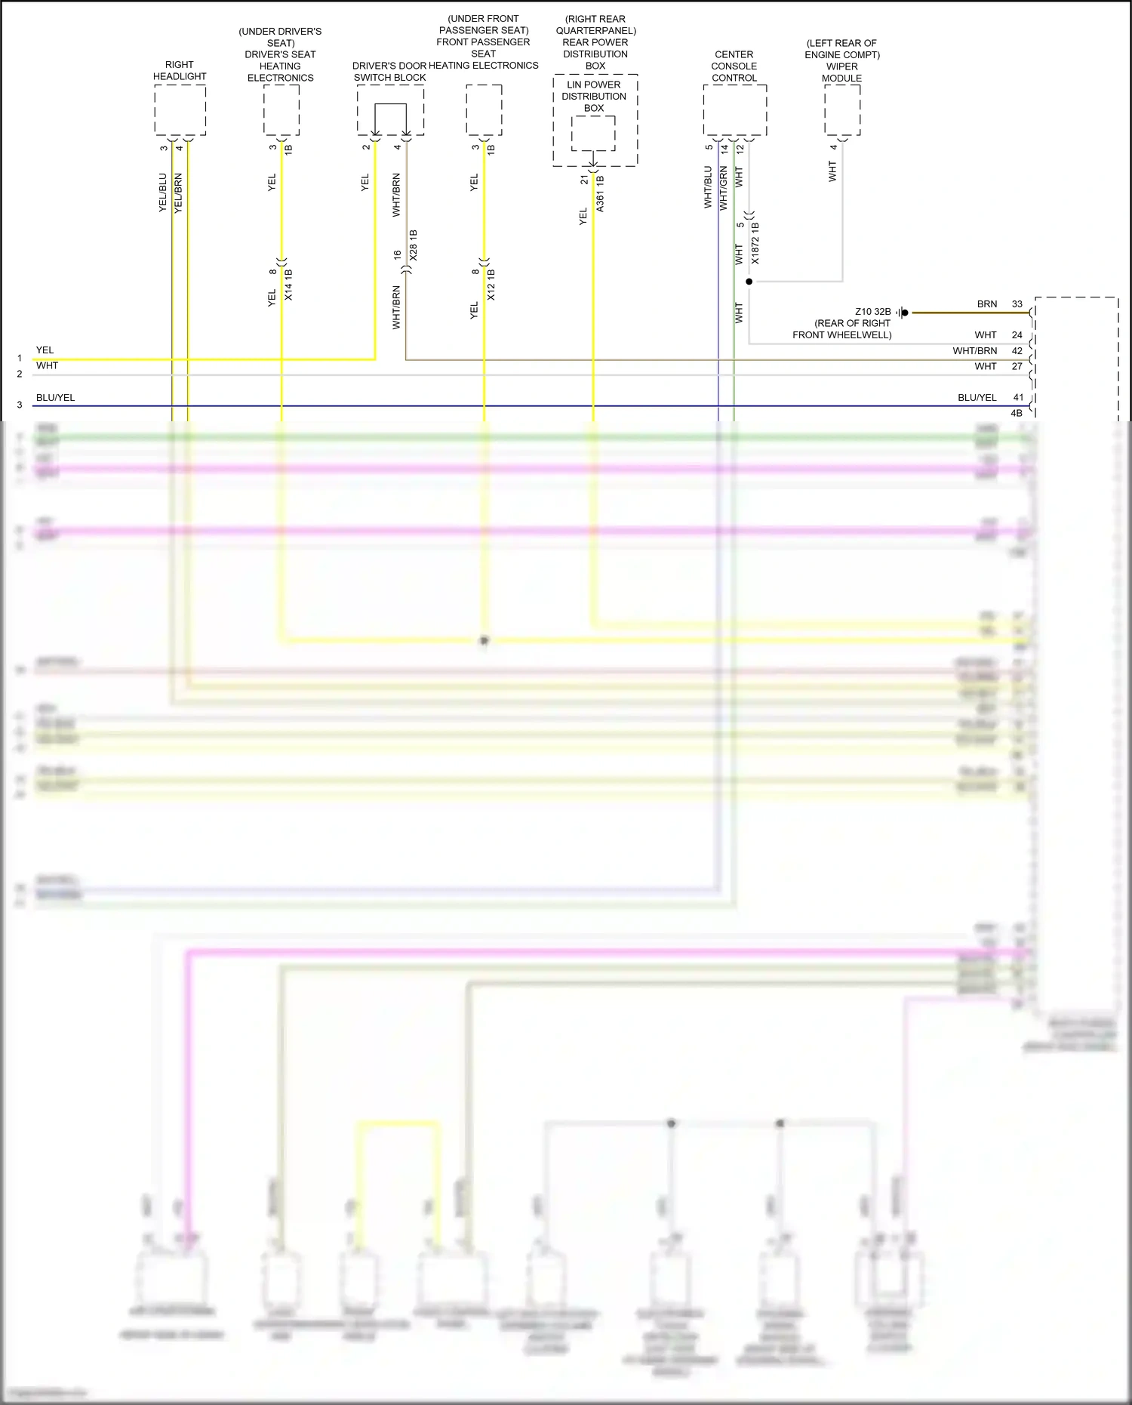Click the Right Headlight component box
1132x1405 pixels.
180,109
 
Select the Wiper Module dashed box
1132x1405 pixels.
842,109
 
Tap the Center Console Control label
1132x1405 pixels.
734,66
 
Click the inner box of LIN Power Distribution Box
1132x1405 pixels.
593,133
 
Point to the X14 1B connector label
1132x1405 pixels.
288,285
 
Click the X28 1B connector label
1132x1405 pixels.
413,246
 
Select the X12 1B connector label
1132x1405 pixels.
491,285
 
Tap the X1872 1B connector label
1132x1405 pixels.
755,243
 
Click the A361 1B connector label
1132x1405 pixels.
600,193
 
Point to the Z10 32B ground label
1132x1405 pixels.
872,312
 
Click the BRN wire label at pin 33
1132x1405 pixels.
987,304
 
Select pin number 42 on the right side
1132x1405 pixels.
1017,351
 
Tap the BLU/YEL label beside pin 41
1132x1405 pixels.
977,398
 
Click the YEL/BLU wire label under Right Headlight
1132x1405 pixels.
163,193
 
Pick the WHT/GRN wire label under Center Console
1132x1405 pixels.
723,188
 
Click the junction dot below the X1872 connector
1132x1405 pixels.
749,282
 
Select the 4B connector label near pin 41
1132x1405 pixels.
1016,413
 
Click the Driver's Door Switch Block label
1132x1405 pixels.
389,72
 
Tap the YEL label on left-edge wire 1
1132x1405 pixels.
45,350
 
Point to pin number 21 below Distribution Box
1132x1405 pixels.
584,180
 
